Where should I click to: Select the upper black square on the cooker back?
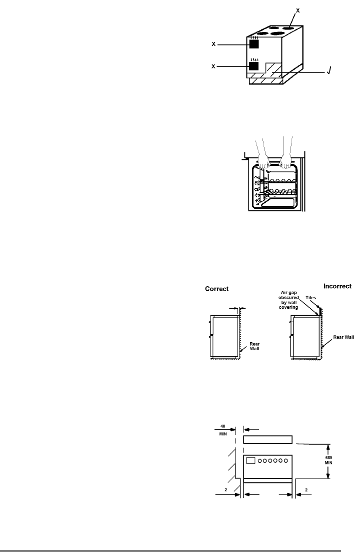tap(254, 44)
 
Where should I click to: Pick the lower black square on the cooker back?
tap(254, 66)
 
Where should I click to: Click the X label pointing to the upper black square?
tap(214, 44)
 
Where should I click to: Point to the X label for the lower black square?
tap(214, 66)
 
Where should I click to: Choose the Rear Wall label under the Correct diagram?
tap(248, 346)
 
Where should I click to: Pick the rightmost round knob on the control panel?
tap(287, 460)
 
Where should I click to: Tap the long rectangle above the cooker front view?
tap(267, 440)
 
